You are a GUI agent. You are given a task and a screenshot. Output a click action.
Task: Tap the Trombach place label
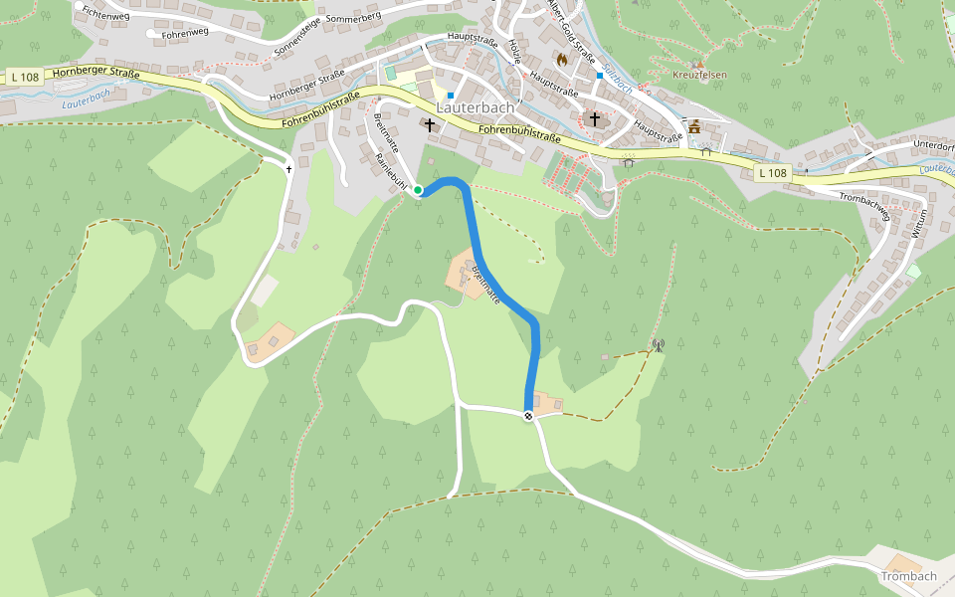click(908, 576)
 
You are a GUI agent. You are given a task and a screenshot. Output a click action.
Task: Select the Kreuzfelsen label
click(699, 75)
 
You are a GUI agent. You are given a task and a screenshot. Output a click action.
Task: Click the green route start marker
click(419, 189)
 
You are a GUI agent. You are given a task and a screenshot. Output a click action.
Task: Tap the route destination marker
click(528, 416)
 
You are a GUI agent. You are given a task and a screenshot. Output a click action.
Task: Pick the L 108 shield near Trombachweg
click(772, 173)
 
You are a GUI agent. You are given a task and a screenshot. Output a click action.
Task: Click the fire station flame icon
click(562, 60)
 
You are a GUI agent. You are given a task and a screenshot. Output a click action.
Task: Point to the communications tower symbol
click(657, 346)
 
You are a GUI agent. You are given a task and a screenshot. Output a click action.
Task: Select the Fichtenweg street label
click(107, 13)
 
